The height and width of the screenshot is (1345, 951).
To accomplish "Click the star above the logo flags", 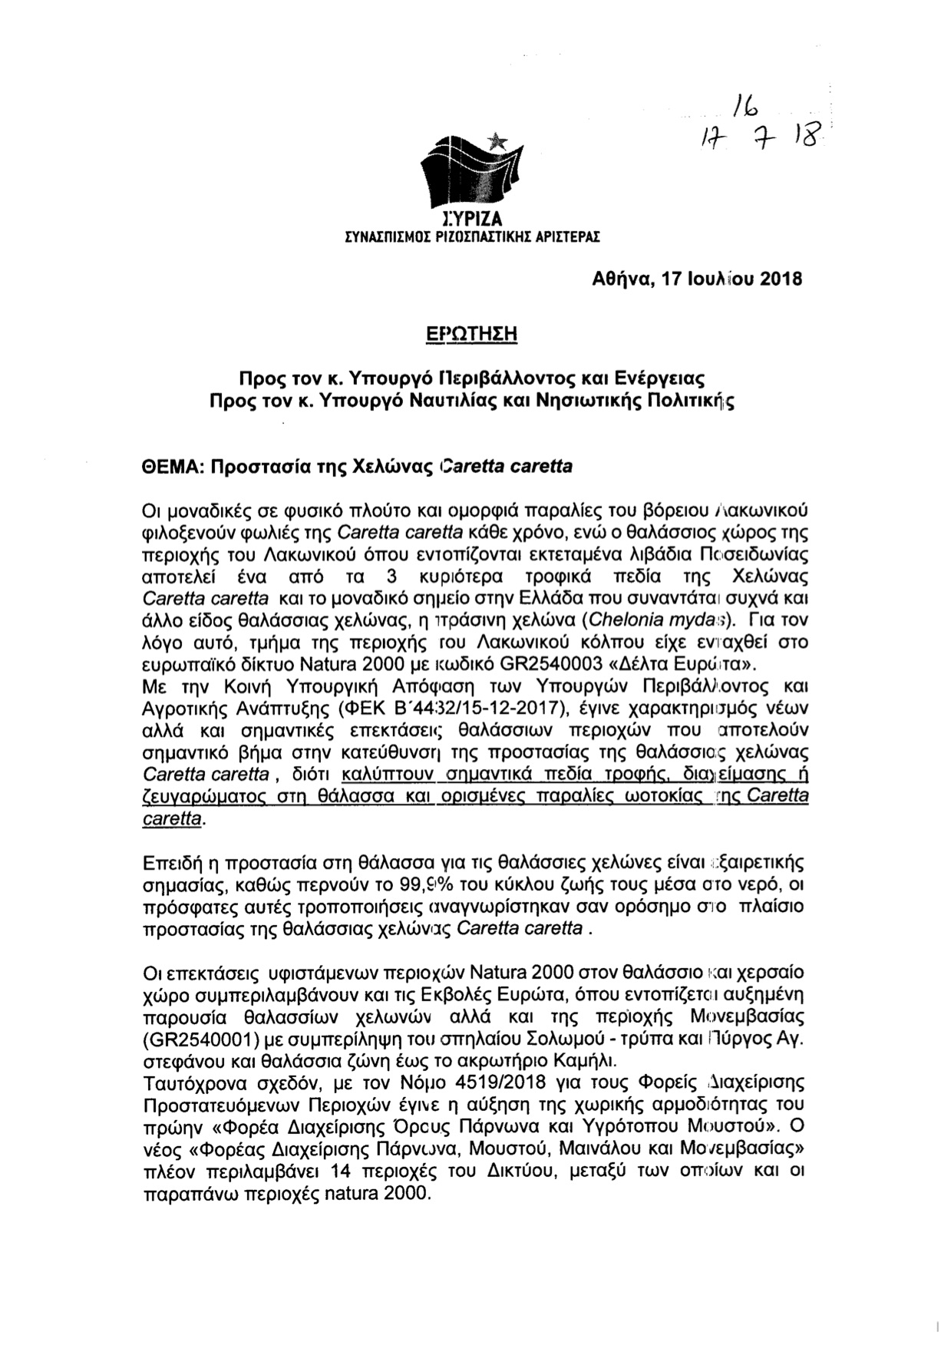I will coord(497,141).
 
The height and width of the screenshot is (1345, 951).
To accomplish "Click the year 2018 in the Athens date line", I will coord(781,279).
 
